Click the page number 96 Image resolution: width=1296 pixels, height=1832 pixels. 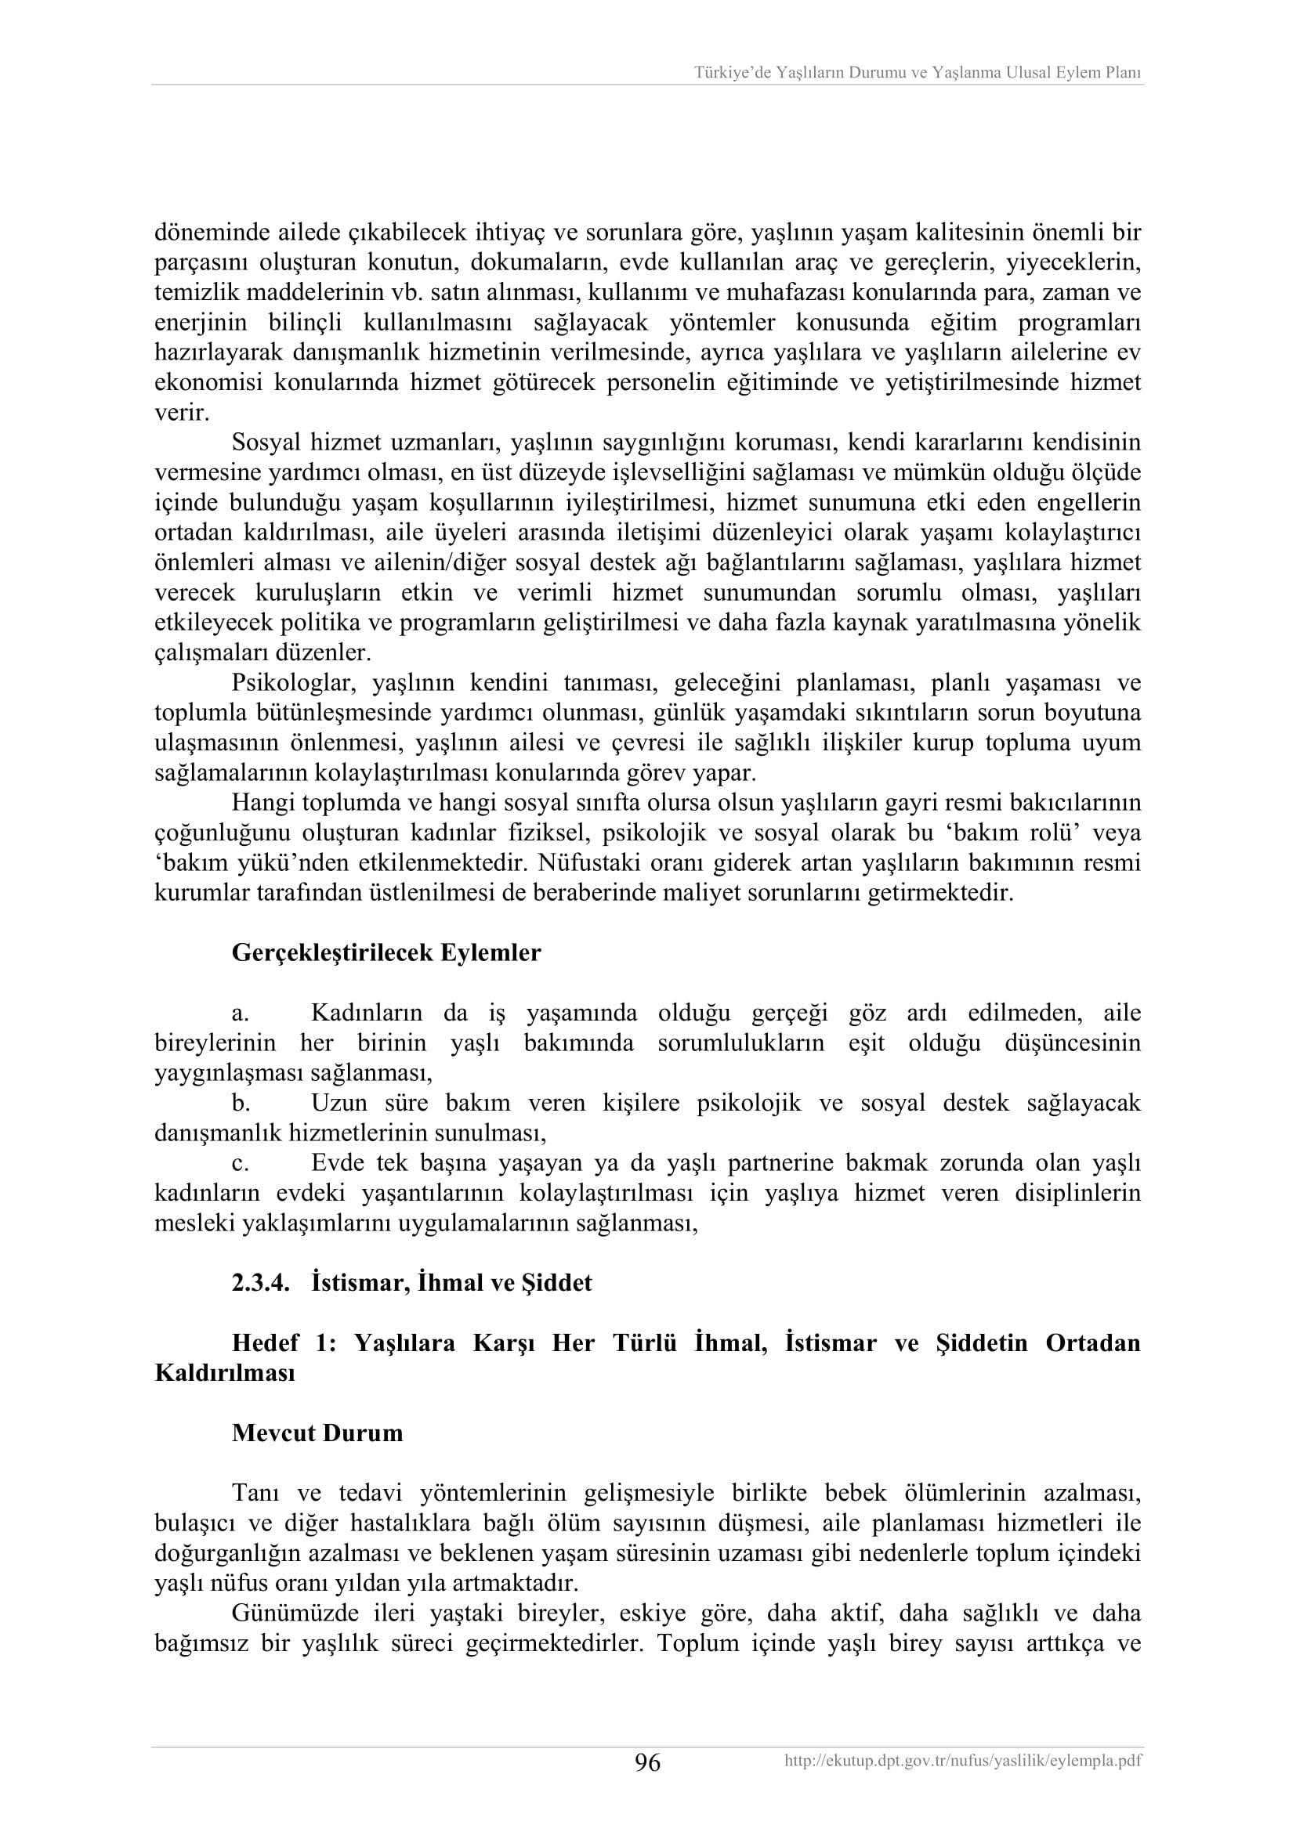(647, 1762)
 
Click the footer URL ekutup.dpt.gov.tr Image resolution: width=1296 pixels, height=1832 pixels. (962, 1761)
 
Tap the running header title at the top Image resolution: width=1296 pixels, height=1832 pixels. (917, 73)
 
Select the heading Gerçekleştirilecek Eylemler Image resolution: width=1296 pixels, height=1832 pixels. (386, 952)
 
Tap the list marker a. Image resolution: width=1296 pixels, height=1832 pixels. (241, 1014)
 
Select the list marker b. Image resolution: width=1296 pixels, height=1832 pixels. (241, 1104)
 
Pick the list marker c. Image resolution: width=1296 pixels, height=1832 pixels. (241, 1163)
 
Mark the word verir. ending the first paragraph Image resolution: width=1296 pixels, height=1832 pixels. (182, 413)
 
